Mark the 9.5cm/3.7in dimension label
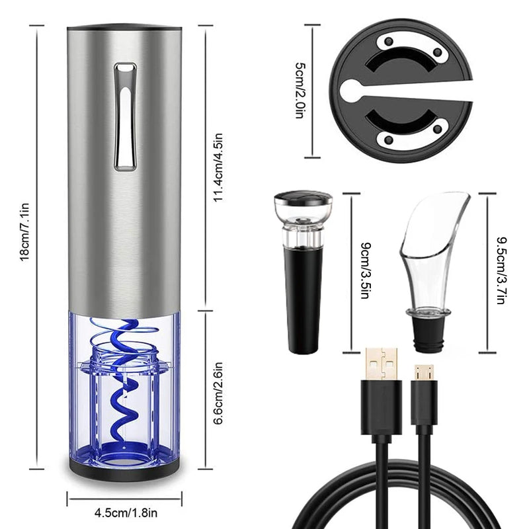501,271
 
